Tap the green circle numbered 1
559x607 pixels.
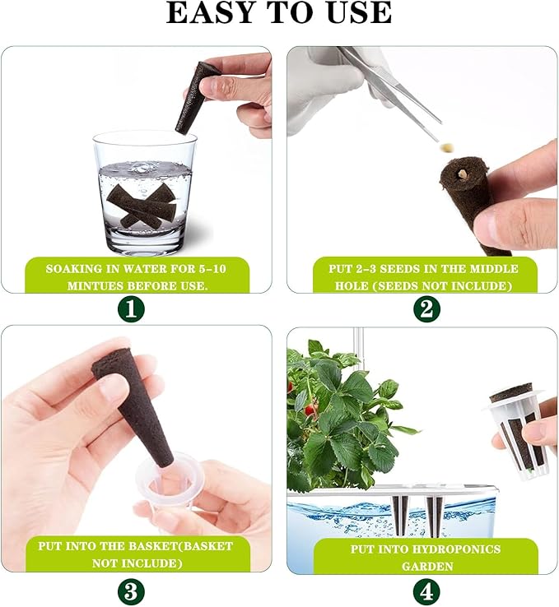point(131,309)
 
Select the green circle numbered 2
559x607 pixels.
point(426,309)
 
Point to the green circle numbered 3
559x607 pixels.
point(131,591)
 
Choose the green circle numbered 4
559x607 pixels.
point(426,591)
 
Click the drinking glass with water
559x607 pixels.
point(145,192)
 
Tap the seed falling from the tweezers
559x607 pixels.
point(447,147)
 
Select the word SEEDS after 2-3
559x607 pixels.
point(400,269)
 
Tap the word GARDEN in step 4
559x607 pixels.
point(427,567)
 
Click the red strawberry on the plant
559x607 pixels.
point(310,410)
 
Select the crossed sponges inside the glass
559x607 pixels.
point(142,205)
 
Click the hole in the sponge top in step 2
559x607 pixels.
point(460,173)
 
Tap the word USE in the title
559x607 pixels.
point(359,13)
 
